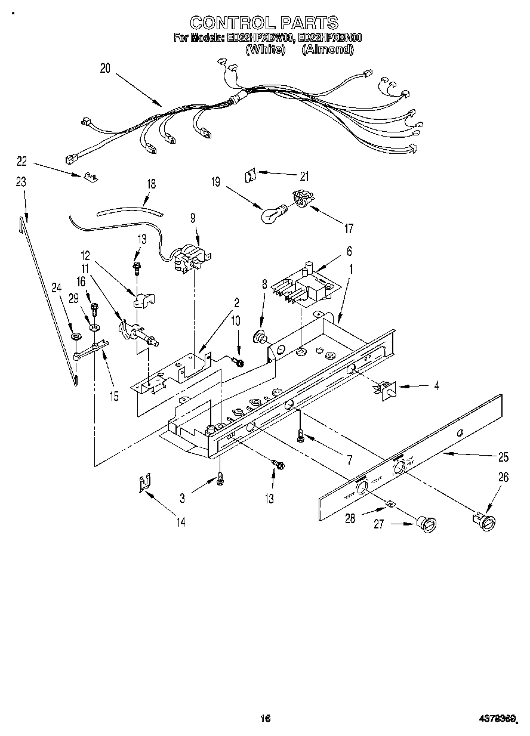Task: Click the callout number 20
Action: coord(105,69)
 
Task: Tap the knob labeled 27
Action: coord(428,525)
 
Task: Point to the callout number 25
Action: coord(503,457)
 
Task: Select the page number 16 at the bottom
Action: coord(265,718)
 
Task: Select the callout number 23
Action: coord(21,183)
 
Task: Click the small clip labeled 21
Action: coord(251,176)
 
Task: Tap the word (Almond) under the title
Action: coord(328,50)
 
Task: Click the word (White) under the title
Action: coord(264,50)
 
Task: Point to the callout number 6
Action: coord(332,251)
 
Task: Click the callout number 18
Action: coord(151,184)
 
